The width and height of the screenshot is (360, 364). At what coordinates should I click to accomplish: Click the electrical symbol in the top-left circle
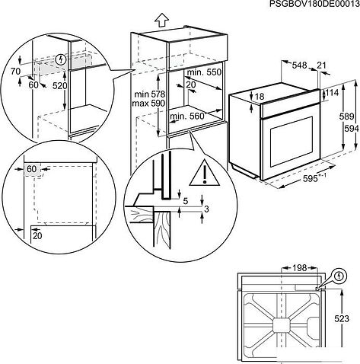click(x=61, y=59)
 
